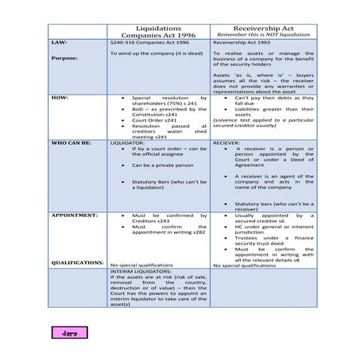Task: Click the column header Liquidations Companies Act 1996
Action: point(159,30)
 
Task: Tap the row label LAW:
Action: point(59,41)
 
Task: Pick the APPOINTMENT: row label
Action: point(74,215)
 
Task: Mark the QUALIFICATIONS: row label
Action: point(77,261)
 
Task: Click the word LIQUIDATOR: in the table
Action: point(126,144)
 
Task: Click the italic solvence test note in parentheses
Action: point(263,127)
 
